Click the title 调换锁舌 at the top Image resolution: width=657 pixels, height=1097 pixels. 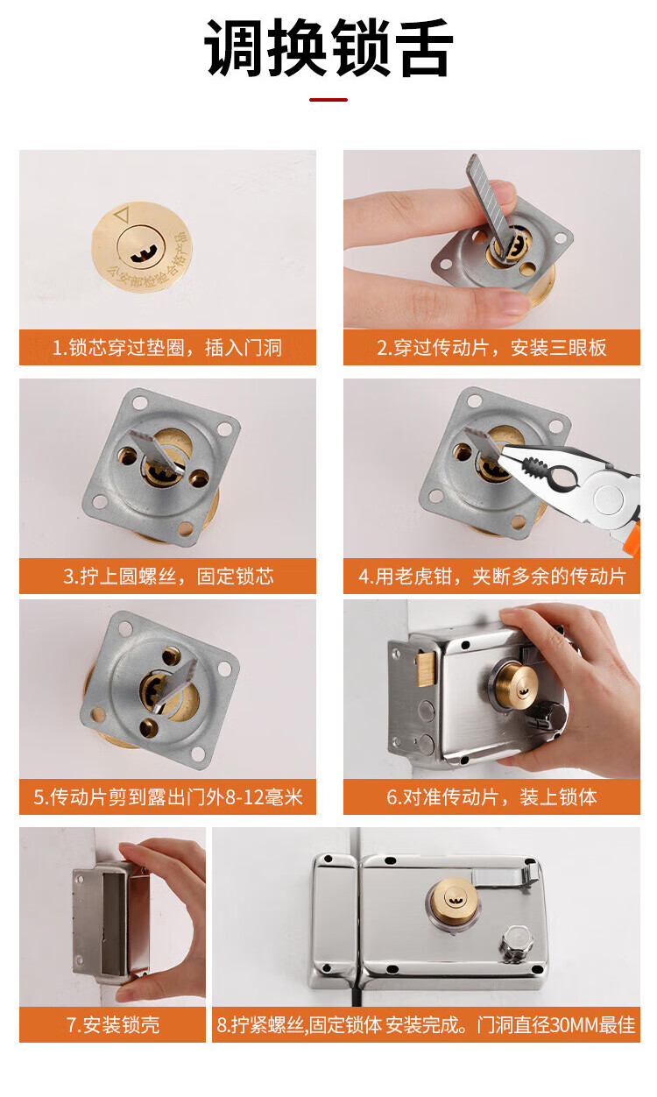(x=328, y=47)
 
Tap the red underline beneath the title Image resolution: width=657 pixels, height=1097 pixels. (x=328, y=100)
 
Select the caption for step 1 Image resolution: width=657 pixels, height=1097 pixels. (x=167, y=347)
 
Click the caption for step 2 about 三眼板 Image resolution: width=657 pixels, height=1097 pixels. (x=491, y=347)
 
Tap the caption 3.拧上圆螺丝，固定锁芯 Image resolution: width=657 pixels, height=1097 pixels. (x=168, y=576)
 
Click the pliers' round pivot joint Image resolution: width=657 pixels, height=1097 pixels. (x=609, y=499)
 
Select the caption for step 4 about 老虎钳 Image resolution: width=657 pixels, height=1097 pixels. (x=492, y=576)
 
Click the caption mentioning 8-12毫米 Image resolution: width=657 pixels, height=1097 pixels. (x=168, y=796)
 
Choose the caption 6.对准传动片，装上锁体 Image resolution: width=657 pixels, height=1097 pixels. (x=491, y=796)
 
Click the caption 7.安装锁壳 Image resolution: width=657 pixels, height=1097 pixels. (x=113, y=1024)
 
